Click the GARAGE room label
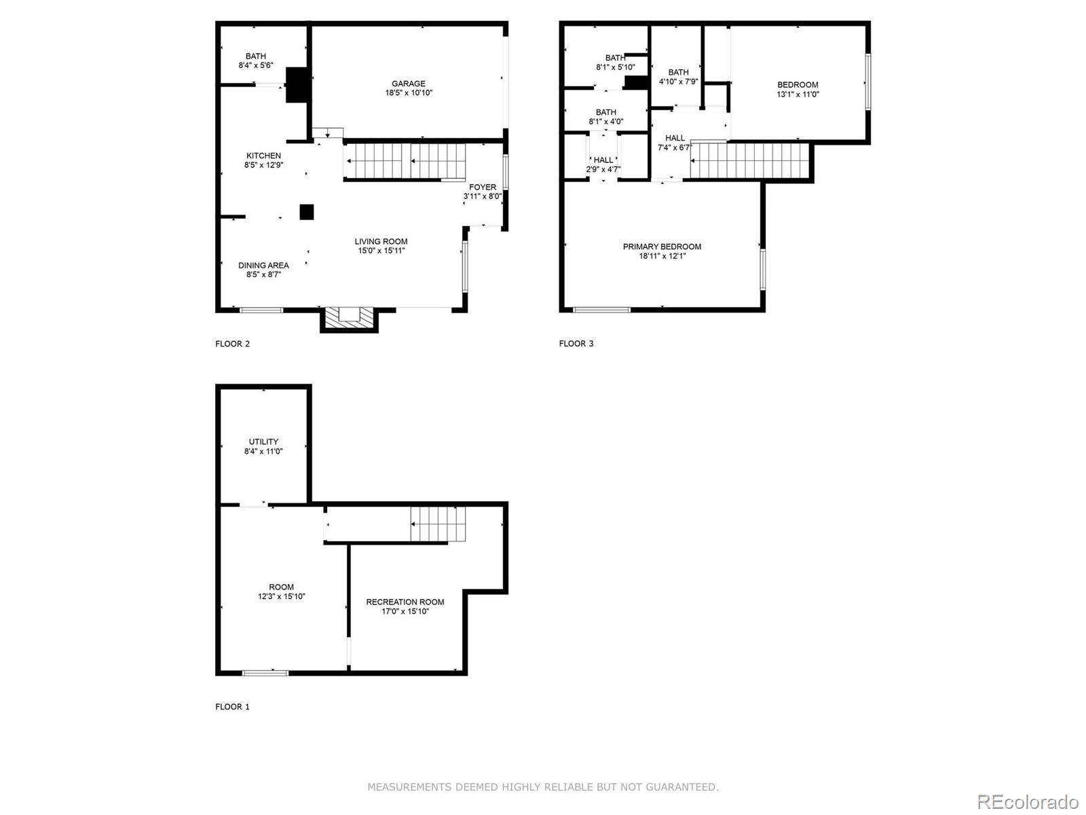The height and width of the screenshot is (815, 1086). [x=408, y=84]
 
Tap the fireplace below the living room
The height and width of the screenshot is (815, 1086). [x=349, y=316]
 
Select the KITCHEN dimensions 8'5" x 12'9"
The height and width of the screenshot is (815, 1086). [x=263, y=165]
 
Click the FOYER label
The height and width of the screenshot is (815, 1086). [x=483, y=187]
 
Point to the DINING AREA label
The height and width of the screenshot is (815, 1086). [x=263, y=265]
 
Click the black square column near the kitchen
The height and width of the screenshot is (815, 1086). [x=307, y=212]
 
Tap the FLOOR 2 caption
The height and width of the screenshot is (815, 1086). [x=232, y=344]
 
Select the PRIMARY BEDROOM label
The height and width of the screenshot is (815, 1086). [x=662, y=247]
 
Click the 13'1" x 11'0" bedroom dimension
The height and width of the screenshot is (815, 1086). [x=798, y=94]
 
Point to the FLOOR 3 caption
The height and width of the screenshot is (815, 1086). [x=576, y=344]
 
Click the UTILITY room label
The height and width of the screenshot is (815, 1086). [x=263, y=441]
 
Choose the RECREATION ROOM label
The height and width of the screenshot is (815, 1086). [x=405, y=602]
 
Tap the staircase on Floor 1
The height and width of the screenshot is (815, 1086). [x=438, y=525]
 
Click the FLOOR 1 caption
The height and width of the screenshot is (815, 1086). [x=232, y=706]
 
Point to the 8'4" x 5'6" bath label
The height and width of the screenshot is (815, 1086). [x=256, y=65]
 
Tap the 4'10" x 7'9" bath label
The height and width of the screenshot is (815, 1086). [x=678, y=81]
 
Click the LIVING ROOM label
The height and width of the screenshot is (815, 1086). [x=381, y=241]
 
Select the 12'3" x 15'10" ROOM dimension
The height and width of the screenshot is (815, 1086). [x=281, y=596]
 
